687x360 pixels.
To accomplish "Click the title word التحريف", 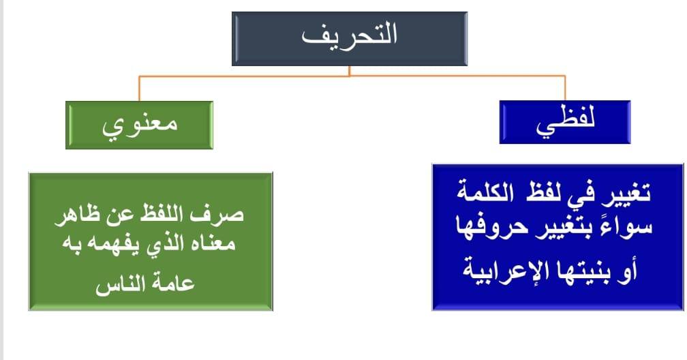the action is pos(349,35).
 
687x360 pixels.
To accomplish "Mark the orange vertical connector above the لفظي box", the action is pos(565,88).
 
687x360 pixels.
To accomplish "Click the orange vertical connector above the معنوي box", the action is pos(139,89).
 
